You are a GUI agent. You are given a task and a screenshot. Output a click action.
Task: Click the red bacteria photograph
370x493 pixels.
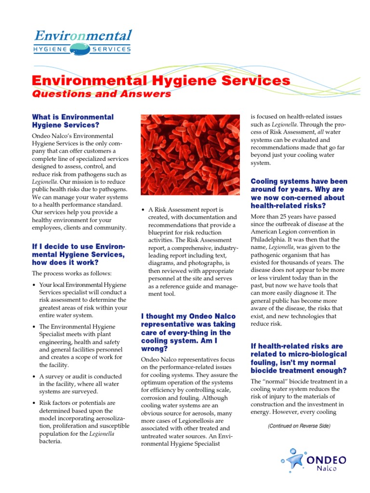(190, 155)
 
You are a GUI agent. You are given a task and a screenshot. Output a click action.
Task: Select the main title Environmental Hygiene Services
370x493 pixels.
(161, 81)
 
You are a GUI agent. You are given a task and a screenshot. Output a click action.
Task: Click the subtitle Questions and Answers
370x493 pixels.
(101, 94)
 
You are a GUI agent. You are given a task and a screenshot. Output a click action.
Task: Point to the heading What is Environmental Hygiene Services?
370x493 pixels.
(72, 121)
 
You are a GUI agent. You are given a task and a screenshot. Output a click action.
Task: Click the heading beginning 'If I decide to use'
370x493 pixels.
(78, 254)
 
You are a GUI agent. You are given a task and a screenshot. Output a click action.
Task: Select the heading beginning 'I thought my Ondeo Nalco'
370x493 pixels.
(188, 332)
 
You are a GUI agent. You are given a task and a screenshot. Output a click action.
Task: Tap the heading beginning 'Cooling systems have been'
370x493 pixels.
(299, 194)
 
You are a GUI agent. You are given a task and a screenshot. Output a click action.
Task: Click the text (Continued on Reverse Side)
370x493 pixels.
(299, 426)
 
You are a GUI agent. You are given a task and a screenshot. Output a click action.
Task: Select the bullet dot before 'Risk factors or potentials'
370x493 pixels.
(34, 403)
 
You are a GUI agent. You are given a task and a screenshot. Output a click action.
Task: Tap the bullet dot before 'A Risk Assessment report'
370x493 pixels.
(144, 210)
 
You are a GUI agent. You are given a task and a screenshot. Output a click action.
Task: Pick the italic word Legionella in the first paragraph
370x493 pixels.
(44, 182)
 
